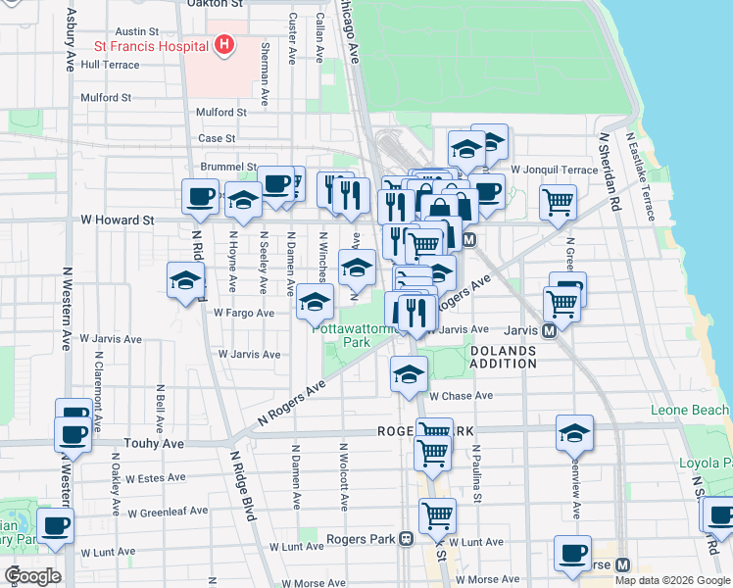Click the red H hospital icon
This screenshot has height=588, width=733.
tap(225, 45)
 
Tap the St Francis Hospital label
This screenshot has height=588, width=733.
tap(149, 45)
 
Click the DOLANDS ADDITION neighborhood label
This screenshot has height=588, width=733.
tap(503, 357)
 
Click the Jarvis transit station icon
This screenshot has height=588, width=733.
tap(549, 330)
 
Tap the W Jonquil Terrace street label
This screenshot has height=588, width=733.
tap(554, 170)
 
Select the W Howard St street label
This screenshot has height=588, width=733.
tap(118, 220)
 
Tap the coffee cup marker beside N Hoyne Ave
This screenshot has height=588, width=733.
tap(200, 196)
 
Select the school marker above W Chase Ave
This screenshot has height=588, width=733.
tap(409, 374)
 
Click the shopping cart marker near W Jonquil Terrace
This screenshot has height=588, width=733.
tap(558, 203)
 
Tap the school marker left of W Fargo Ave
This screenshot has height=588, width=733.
tap(184, 282)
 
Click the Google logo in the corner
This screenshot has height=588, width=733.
tap(31, 576)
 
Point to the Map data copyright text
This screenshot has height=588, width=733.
tap(671, 580)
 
